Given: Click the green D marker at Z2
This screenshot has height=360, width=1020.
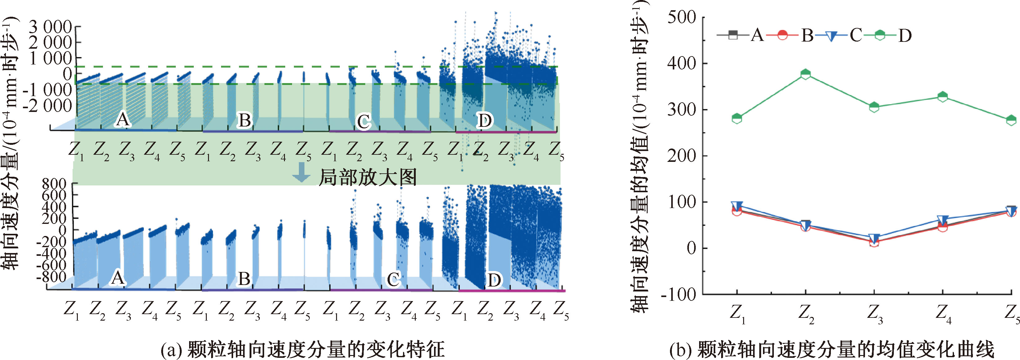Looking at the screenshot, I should pyautogui.click(x=806, y=74).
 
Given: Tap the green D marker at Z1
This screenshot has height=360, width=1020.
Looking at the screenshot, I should pyautogui.click(x=737, y=118).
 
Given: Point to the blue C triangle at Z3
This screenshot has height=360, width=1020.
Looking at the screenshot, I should pyautogui.click(x=874, y=238).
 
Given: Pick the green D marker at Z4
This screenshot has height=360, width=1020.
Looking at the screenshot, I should pyautogui.click(x=943, y=97).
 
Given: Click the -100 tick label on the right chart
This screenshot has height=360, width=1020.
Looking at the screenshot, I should pyautogui.click(x=678, y=294).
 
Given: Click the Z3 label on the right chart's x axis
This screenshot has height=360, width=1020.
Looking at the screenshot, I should pyautogui.click(x=874, y=315).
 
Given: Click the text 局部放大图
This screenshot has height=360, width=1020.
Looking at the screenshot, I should pyautogui.click(x=367, y=177).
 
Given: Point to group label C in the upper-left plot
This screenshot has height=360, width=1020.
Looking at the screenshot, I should pyautogui.click(x=363, y=122).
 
